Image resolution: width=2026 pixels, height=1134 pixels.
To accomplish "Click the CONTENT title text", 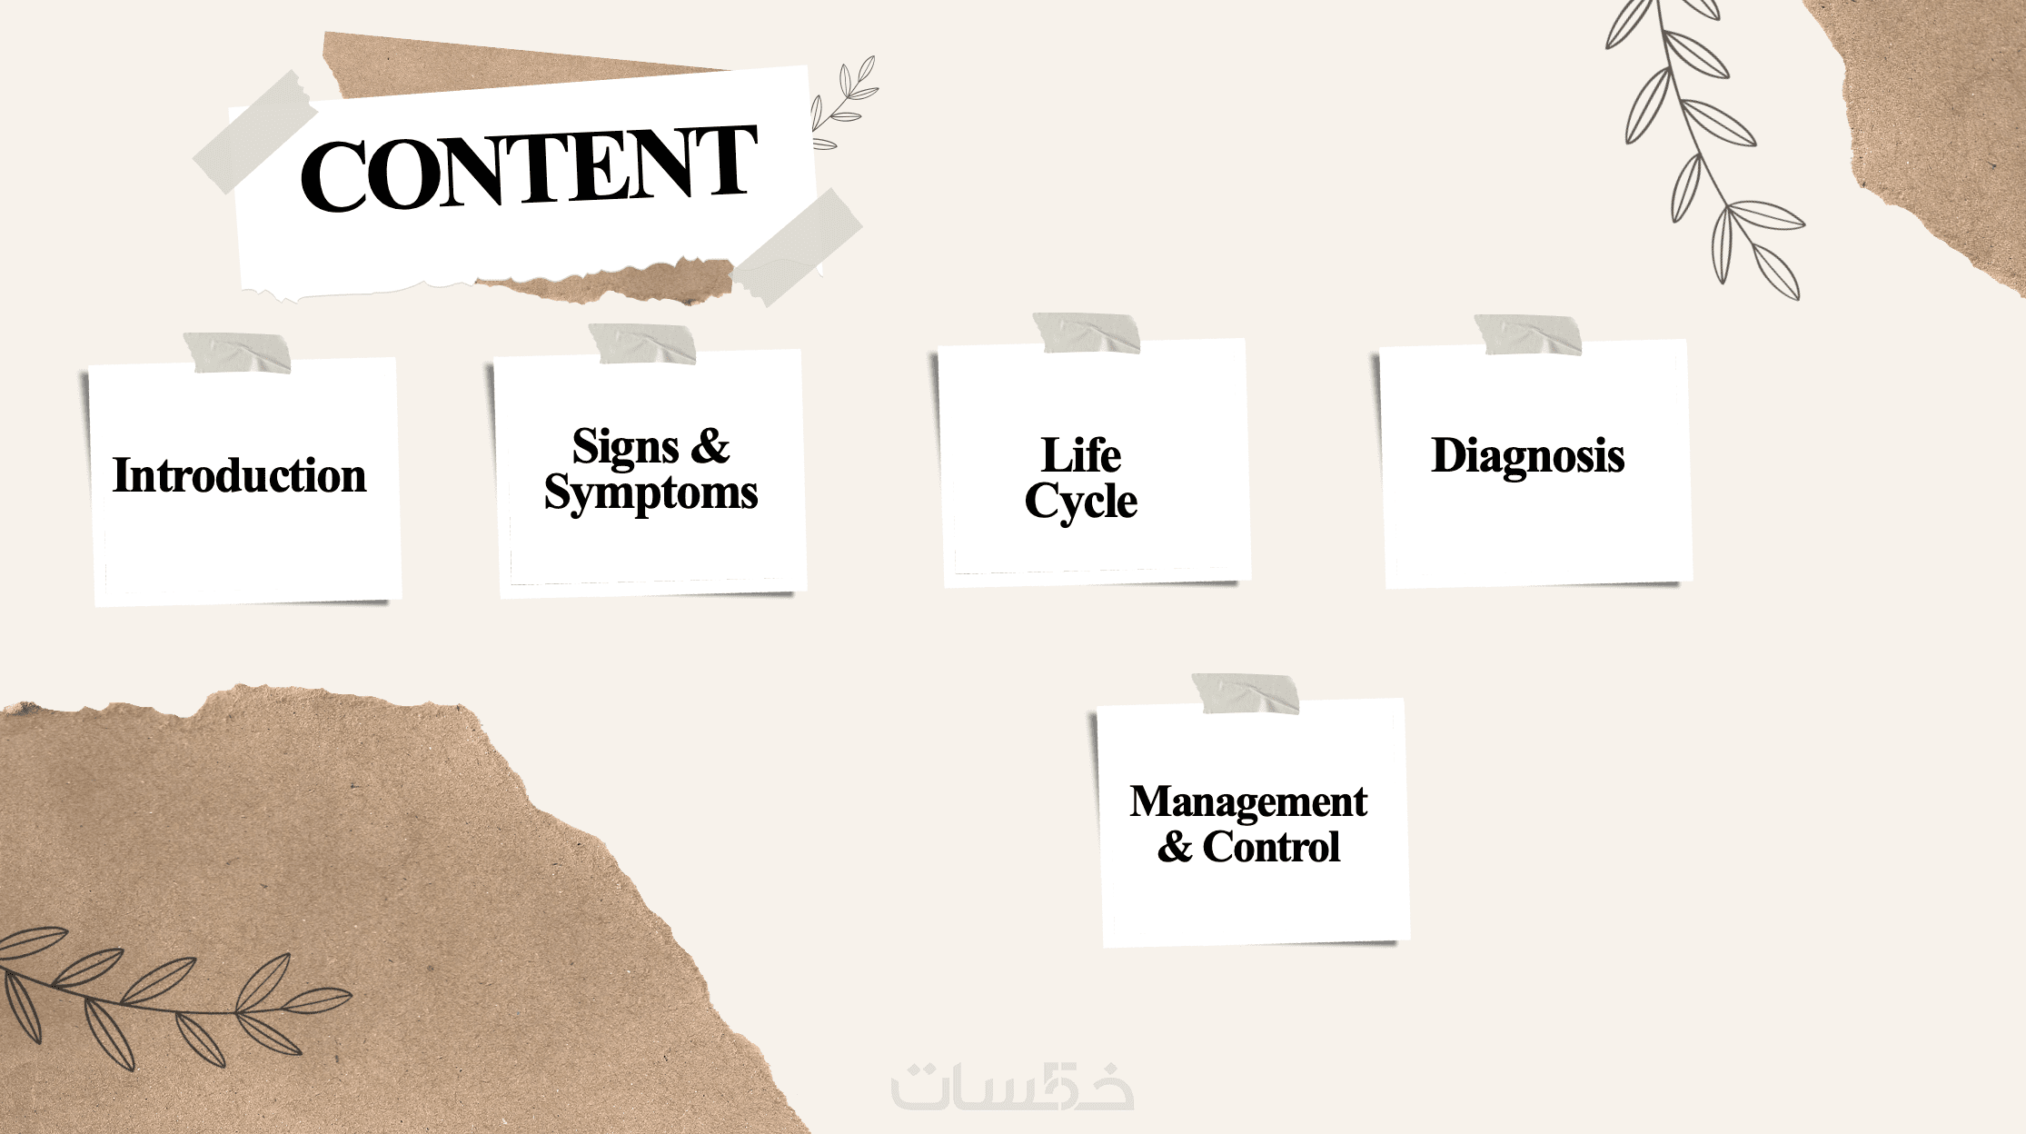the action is point(529,167).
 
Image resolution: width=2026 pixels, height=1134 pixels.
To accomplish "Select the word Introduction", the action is point(240,475).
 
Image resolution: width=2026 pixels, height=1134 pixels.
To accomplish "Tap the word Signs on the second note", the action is point(625,447).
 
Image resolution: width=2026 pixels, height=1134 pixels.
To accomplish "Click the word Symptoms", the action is point(651,493).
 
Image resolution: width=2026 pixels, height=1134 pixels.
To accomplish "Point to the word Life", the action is point(1081,454).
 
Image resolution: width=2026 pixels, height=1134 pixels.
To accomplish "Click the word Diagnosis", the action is point(1528,456).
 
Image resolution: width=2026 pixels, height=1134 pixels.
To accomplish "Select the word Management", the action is point(1248,802).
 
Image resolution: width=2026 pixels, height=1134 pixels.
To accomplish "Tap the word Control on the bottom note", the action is point(1271,847).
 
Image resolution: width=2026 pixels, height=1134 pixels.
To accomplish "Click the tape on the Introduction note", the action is point(237,353).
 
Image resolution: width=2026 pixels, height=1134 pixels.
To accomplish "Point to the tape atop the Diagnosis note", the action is point(1528,334).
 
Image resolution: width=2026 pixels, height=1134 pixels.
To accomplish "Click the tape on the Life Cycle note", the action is point(1087,333).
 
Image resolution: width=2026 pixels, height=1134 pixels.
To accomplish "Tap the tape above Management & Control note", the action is point(1246,693).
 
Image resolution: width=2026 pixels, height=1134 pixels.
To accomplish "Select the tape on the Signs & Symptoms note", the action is point(642,343).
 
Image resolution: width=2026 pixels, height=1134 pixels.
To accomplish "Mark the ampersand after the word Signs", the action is point(710,445).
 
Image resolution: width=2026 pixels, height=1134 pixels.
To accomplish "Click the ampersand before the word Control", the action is point(1175,847).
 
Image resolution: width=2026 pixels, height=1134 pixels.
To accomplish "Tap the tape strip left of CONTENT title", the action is point(255,133).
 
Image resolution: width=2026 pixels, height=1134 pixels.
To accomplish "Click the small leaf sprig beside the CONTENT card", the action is point(844,102).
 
